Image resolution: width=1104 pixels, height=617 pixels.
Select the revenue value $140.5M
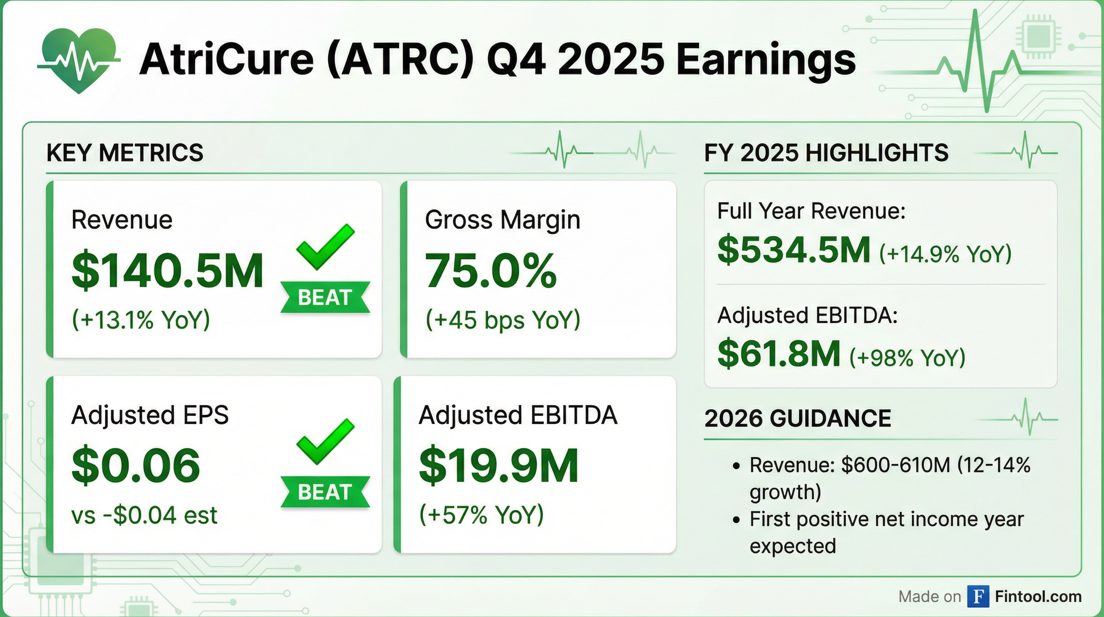(x=167, y=271)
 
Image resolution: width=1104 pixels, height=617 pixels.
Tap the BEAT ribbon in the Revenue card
(x=325, y=297)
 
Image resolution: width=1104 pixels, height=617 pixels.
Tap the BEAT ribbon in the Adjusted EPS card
(x=325, y=492)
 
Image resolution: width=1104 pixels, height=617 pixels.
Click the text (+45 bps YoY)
(x=502, y=320)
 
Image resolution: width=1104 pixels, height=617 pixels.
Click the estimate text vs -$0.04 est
(x=144, y=515)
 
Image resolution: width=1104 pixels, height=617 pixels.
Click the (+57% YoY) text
(x=481, y=515)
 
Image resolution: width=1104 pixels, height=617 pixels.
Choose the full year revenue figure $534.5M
(x=794, y=250)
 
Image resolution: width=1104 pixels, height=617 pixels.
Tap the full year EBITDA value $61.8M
(x=779, y=354)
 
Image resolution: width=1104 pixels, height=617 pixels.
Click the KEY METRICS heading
(x=125, y=153)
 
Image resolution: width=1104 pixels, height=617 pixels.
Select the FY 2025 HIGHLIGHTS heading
(x=826, y=153)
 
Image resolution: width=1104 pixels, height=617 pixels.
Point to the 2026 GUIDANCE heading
(x=798, y=418)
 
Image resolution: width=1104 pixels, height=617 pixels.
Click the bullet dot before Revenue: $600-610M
(x=737, y=466)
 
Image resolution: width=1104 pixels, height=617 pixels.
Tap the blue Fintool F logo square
(x=978, y=597)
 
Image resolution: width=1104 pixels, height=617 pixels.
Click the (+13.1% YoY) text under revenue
(x=140, y=320)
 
